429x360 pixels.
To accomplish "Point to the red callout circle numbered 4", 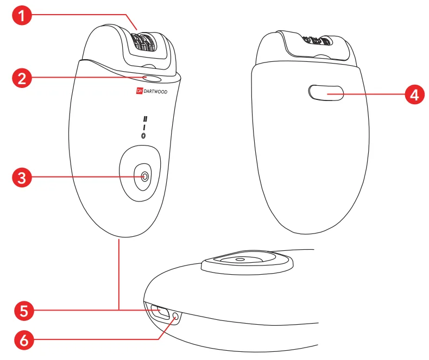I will pos(414,95).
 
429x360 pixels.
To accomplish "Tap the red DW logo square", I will pos(139,92).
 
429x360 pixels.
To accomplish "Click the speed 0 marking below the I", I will pos(143,136).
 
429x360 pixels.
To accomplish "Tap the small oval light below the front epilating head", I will pos(154,79).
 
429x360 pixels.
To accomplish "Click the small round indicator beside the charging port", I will pos(175,318).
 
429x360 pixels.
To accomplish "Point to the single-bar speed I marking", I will pos(144,128).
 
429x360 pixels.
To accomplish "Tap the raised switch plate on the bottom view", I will pos(248,262).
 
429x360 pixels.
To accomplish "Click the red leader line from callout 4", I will pos(375,95).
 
